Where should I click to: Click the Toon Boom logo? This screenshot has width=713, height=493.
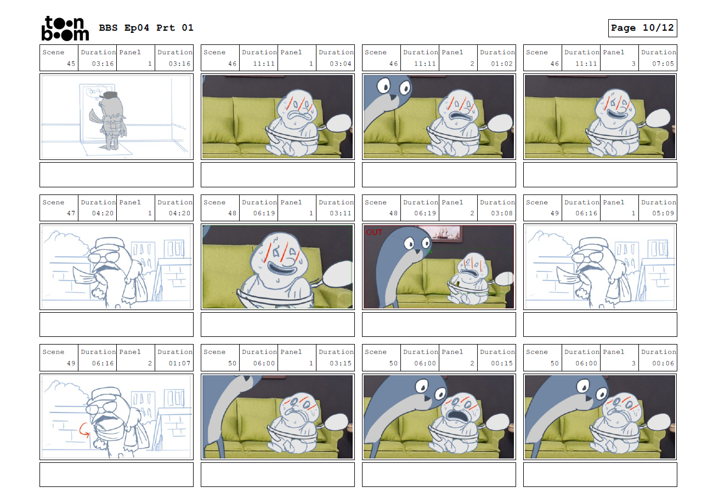(65, 28)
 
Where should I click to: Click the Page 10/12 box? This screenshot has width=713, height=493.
(642, 28)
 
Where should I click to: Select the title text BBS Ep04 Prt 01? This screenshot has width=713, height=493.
(146, 28)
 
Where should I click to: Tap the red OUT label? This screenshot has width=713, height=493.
(374, 232)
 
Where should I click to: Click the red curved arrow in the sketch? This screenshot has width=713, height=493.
(84, 430)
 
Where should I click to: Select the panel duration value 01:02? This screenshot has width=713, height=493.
(502, 64)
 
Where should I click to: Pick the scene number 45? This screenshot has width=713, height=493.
(71, 64)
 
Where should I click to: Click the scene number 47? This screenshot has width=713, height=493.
(71, 213)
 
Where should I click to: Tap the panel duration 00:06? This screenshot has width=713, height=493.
(663, 363)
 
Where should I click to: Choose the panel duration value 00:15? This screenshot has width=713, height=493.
(502, 363)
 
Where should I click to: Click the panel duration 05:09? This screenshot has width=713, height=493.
(663, 213)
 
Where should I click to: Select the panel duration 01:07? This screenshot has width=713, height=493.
(179, 363)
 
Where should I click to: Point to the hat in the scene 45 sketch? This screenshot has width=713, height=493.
(110, 95)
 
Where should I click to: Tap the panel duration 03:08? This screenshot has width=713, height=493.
(502, 213)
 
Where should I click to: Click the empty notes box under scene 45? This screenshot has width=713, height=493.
(116, 175)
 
